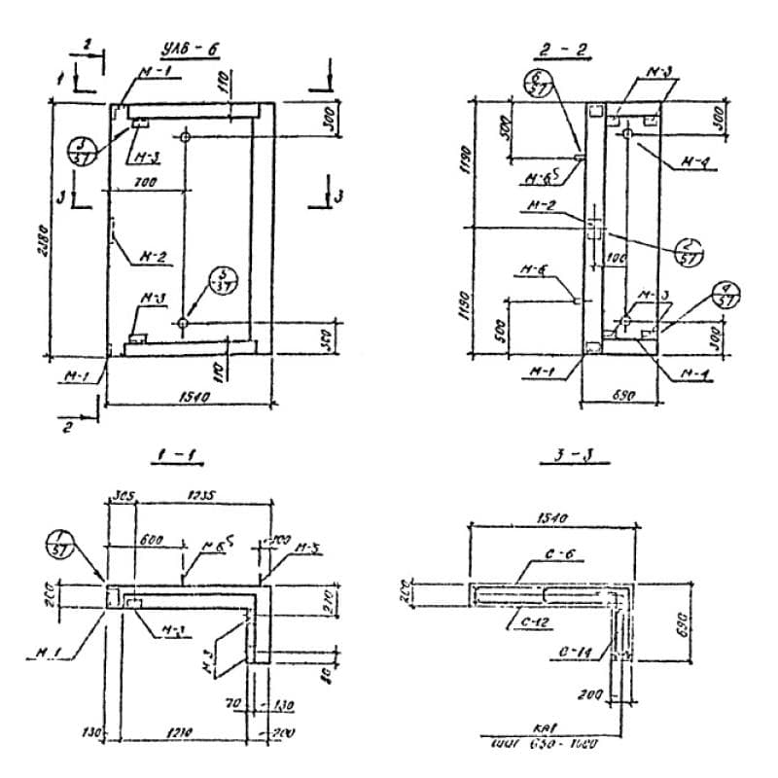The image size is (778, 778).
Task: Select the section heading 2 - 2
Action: tap(573, 52)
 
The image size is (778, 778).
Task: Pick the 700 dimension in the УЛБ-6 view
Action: tap(147, 182)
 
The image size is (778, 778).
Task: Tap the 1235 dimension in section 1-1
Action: tap(202, 495)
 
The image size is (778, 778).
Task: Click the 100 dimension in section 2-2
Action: tap(613, 261)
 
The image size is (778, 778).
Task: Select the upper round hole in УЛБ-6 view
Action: tap(183, 131)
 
